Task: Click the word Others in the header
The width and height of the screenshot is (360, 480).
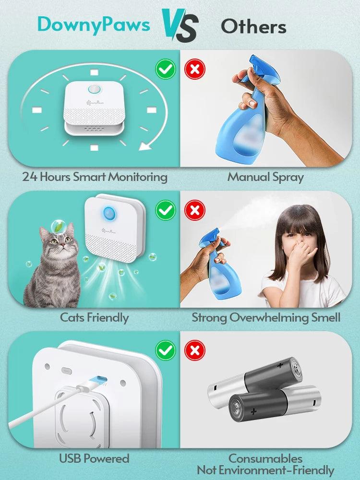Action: click(253, 26)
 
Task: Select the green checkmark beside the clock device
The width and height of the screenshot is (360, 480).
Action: click(165, 70)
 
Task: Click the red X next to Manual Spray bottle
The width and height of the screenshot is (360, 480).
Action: click(195, 70)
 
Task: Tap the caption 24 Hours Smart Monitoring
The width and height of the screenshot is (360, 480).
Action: click(95, 177)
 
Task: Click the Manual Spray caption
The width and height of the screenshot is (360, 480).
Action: click(265, 177)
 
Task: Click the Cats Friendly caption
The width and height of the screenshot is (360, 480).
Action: click(94, 317)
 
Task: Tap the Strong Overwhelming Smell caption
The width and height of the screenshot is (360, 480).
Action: click(266, 317)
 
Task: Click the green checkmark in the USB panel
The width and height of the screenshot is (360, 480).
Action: click(165, 350)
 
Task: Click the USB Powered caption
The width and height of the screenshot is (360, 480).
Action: click(94, 458)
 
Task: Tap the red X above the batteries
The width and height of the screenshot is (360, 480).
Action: click(195, 350)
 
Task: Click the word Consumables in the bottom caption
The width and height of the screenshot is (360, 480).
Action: click(265, 458)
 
